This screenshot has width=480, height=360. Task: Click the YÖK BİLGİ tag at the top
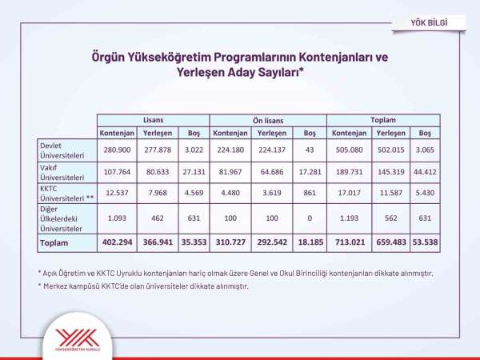coord(430,22)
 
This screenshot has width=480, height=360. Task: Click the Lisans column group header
coord(153,119)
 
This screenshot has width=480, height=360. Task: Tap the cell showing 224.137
coord(274,150)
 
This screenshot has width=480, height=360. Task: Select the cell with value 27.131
coord(193,172)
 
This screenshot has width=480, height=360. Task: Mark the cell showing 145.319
coord(391,172)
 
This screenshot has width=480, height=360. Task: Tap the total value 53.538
coord(425,242)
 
